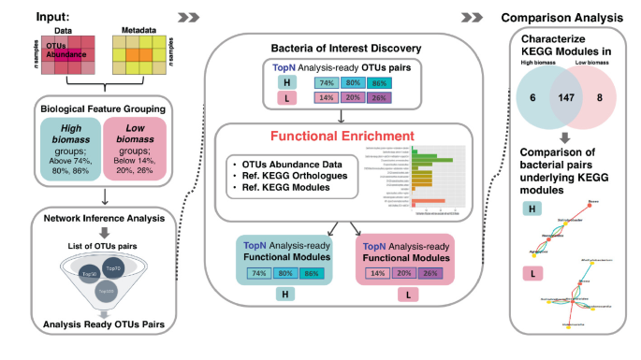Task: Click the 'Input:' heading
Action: (31, 17)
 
